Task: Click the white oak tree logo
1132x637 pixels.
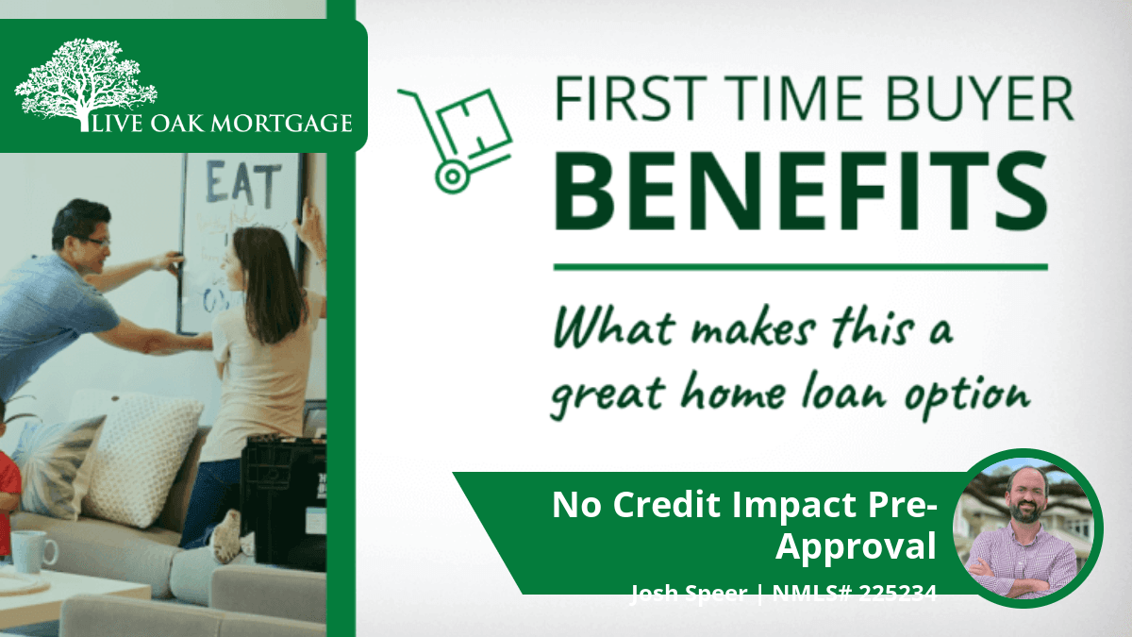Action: pyautogui.click(x=86, y=83)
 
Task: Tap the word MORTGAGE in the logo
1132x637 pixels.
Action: pyautogui.click(x=281, y=124)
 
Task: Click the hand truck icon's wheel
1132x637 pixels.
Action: pyautogui.click(x=452, y=176)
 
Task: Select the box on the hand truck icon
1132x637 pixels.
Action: pyautogui.click(x=474, y=125)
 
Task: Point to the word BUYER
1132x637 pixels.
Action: pyautogui.click(x=980, y=98)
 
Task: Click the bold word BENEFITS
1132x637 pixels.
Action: pyautogui.click(x=801, y=190)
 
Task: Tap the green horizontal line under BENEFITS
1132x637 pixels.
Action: pyautogui.click(x=801, y=267)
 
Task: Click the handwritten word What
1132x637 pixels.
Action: pyautogui.click(x=614, y=328)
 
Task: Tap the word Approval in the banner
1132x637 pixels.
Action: pyautogui.click(x=856, y=547)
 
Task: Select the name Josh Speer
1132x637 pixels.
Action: pyautogui.click(x=689, y=593)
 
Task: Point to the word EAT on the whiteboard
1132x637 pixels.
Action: pyautogui.click(x=242, y=182)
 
